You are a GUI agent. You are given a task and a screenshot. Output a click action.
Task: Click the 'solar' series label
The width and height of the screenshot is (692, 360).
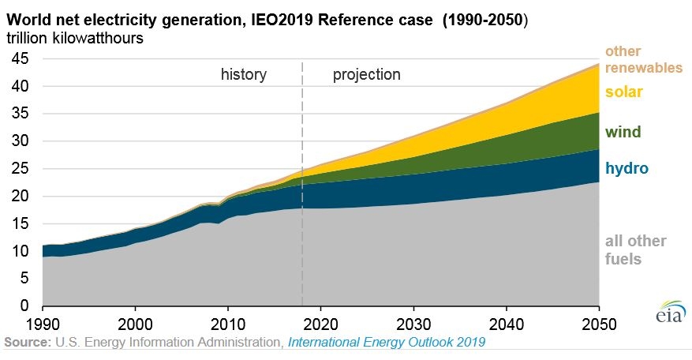[x=623, y=92]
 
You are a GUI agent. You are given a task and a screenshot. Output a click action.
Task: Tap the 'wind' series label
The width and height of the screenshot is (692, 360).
[x=623, y=132]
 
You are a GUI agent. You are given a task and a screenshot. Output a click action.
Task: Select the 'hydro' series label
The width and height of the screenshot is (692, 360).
[x=627, y=168]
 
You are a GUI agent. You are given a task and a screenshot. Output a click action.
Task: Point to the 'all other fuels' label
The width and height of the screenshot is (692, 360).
[x=635, y=250]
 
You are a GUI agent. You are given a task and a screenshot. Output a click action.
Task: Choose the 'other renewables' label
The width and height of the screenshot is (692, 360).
[x=643, y=59]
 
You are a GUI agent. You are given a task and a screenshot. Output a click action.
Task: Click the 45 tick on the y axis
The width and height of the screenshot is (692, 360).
[x=20, y=58]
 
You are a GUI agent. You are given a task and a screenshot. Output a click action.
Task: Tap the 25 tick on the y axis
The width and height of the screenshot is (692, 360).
[x=20, y=168]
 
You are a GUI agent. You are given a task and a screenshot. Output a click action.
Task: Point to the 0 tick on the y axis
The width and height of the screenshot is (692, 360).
[x=24, y=306]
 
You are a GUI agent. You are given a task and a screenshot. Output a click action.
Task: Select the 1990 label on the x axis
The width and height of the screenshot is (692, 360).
[x=43, y=324]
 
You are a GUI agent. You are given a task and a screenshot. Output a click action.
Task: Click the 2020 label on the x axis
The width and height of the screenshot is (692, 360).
[x=321, y=324]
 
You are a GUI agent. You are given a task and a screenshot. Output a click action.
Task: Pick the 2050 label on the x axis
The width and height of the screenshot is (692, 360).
[x=599, y=324]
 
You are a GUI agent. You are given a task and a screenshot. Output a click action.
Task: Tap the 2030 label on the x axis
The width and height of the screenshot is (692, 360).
[x=413, y=324]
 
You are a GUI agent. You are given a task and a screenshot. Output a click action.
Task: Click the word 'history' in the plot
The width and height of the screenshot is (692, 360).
[x=244, y=74]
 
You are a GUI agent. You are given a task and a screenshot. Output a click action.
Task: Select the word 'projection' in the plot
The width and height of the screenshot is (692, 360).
[x=367, y=75]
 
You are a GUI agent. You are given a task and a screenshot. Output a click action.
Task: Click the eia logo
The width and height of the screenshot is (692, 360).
[x=671, y=312]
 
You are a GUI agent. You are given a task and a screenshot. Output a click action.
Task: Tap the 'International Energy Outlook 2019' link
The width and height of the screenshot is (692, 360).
[x=387, y=343]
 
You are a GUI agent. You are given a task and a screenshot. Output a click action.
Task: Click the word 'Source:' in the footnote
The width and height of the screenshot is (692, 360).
[x=28, y=343]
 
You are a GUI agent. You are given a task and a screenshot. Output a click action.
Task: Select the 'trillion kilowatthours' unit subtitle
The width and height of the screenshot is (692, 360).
[x=75, y=38]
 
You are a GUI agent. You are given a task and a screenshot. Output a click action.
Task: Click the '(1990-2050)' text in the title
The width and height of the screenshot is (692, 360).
[x=485, y=21]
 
